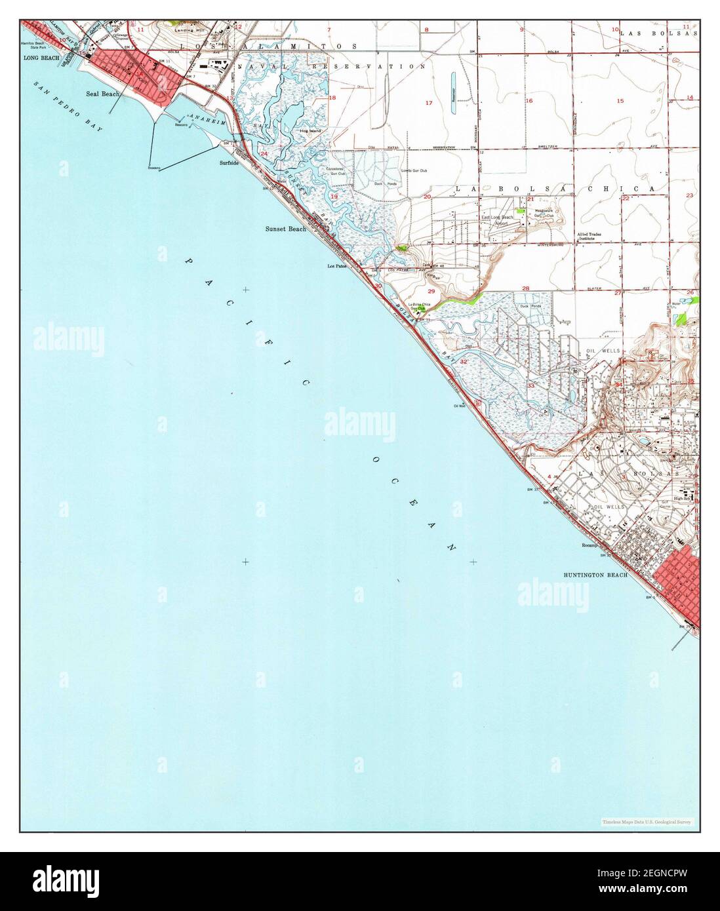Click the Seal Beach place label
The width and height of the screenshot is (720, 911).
(x=102, y=94)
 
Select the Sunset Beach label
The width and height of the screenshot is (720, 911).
(x=285, y=229)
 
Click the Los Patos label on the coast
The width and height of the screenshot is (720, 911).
(x=336, y=266)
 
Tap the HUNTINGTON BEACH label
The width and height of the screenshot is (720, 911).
(x=595, y=575)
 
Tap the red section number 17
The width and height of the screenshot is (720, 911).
(x=429, y=103)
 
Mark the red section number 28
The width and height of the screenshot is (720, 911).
(x=525, y=288)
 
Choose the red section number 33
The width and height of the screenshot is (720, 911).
(x=530, y=385)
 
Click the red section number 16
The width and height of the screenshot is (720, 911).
(x=529, y=101)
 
